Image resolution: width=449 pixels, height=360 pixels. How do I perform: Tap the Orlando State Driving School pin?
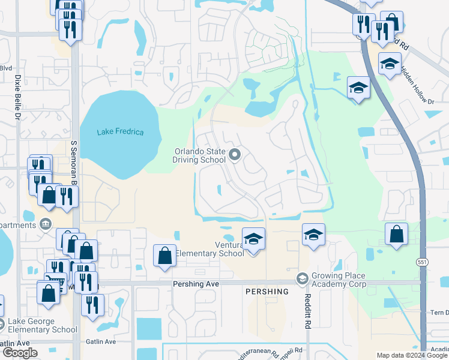pos(235,155)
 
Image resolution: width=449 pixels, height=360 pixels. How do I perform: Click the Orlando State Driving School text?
pos(200,155)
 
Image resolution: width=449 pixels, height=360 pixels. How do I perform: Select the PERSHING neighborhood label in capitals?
pos(267,292)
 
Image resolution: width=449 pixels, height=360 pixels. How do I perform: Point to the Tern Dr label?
pos(439,313)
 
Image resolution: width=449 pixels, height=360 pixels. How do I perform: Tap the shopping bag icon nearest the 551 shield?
pos(397,235)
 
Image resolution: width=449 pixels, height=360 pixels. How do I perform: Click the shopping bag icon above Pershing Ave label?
pos(165,256)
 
